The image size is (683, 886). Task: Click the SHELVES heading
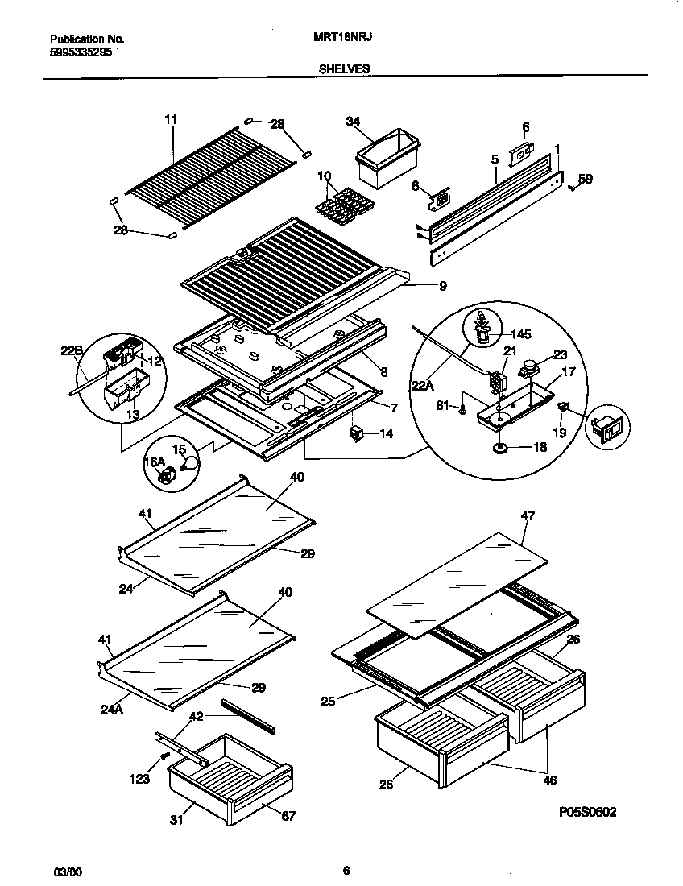coord(345,69)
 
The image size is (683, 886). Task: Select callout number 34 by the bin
coord(352,122)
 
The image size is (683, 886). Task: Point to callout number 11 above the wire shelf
coord(170,120)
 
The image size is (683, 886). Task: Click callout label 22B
coord(72,350)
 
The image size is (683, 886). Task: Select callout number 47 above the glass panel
coord(528,514)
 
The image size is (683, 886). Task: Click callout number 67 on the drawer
coord(288,816)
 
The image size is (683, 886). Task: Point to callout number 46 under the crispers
coord(549,780)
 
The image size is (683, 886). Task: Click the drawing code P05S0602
coord(587,814)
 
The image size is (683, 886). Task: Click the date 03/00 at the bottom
coord(67,871)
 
